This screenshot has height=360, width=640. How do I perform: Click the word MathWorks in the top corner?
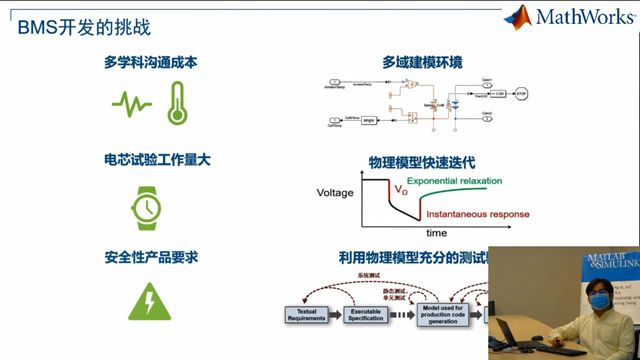tap(583, 18)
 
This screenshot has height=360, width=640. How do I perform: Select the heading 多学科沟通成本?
tap(150, 62)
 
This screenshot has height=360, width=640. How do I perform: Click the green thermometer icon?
tap(177, 102)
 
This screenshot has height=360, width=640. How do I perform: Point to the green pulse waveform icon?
tap(131, 102)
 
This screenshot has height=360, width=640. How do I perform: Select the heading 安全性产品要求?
tap(150, 257)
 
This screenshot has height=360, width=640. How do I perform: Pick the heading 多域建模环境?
tap(422, 62)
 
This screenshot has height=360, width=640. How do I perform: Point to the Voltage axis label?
tap(335, 191)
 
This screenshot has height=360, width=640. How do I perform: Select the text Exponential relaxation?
tap(452, 181)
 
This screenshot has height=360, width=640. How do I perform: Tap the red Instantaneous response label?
tap(477, 214)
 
